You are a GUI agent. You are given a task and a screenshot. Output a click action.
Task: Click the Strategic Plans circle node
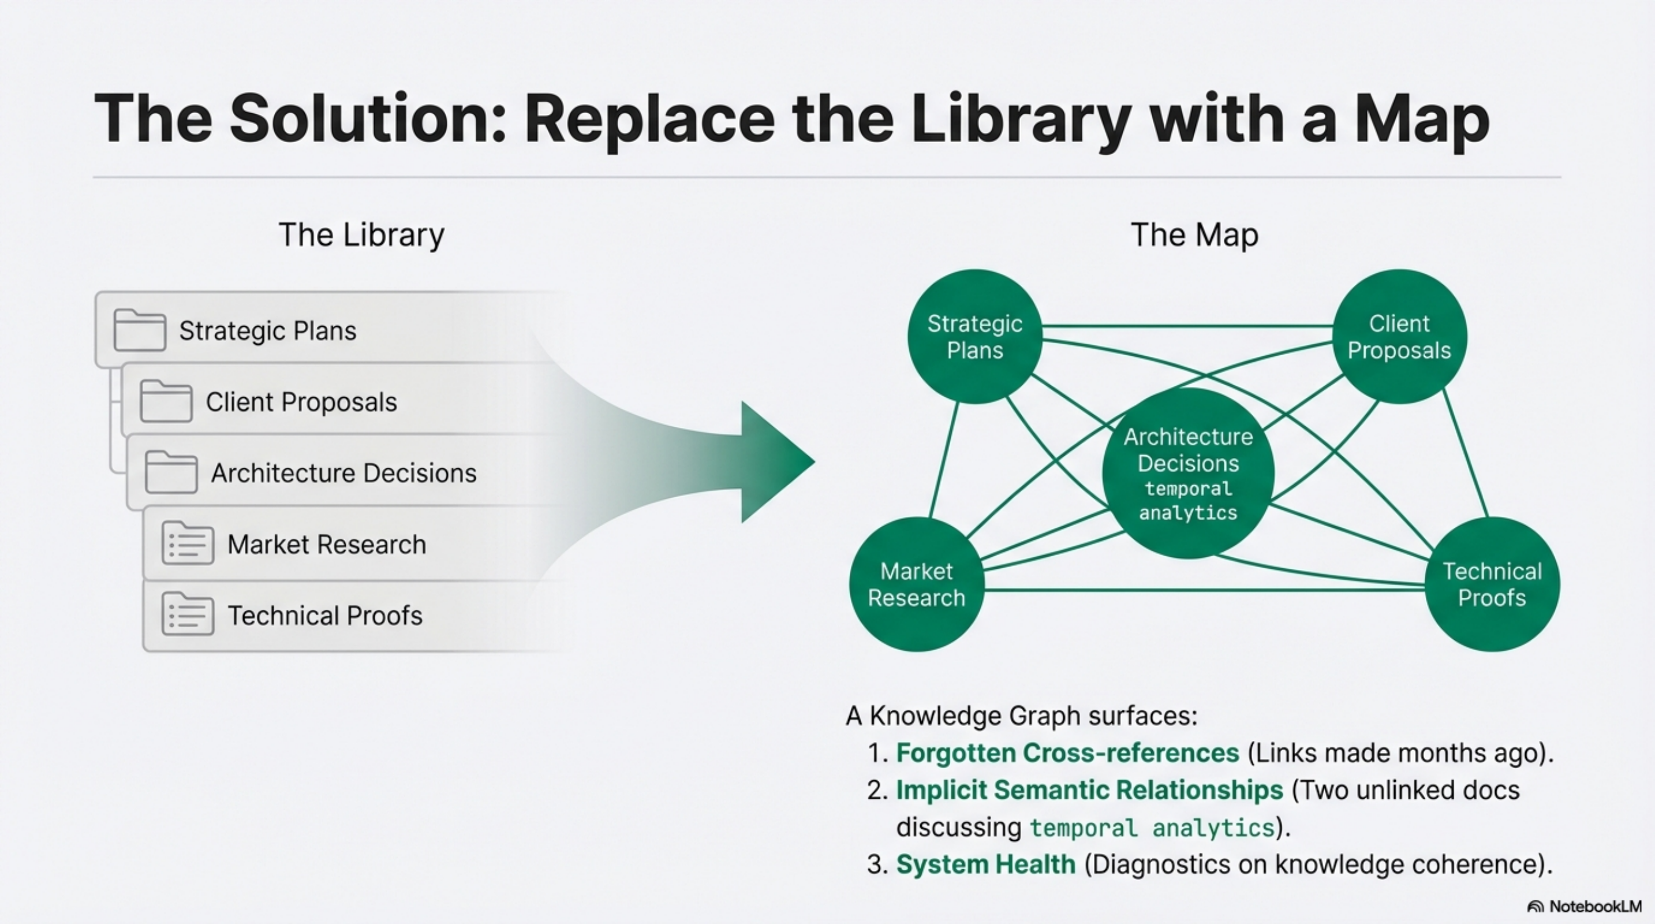coord(974,337)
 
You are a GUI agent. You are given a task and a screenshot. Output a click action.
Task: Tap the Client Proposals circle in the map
coord(1399,337)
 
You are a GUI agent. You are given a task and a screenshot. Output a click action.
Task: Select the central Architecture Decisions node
coord(1188,474)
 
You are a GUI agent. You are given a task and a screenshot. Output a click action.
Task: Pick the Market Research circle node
coord(917,584)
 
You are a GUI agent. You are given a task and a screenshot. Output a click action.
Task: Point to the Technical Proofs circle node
coord(1492,584)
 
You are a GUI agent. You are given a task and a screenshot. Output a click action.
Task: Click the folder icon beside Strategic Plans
coord(140,330)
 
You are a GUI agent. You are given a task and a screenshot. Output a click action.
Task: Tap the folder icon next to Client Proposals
coord(166,401)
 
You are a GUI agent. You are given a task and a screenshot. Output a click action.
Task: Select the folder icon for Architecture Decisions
coord(171,472)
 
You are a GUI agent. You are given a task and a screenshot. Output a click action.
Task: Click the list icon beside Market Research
coord(188,543)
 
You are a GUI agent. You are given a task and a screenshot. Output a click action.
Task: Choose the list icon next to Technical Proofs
coord(188,614)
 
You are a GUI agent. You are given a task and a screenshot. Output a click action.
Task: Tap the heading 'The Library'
coord(361,234)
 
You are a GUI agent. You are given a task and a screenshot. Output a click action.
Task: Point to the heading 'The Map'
coord(1194,234)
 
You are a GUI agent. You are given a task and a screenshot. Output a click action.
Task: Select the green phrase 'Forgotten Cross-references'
coord(1067,752)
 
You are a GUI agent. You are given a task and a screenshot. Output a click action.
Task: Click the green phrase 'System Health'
coord(985,865)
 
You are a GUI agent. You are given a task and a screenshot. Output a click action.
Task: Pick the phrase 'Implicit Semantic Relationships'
coord(1089,789)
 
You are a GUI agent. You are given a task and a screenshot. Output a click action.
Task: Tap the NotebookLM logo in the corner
coord(1585,906)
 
